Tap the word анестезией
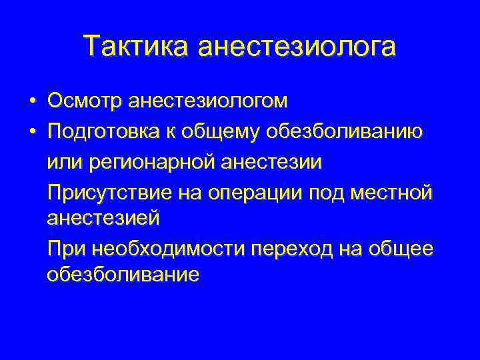click(104, 217)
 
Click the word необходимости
click(169, 249)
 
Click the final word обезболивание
click(123, 274)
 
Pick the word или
click(63, 162)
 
